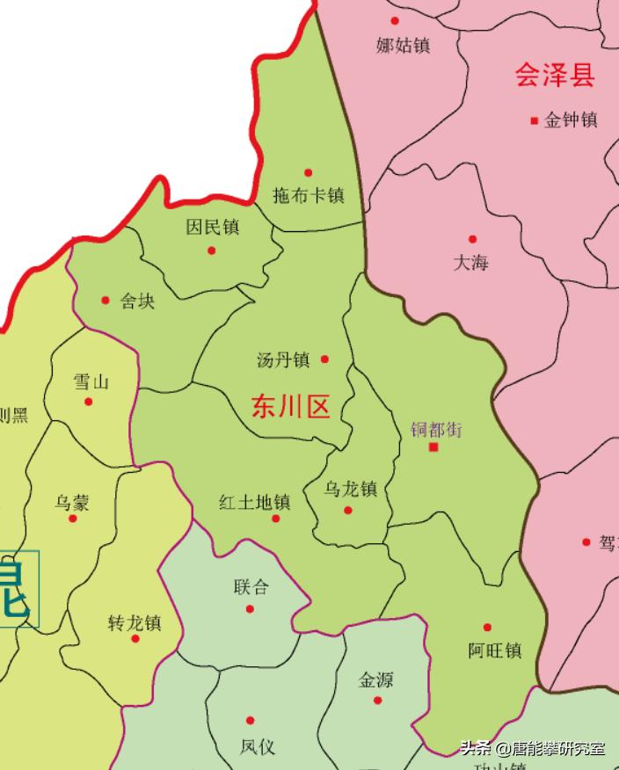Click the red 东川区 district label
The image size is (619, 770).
[290, 407]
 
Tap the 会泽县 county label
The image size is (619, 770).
[555, 76]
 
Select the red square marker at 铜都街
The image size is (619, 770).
[433, 447]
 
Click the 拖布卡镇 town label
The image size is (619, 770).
[308, 195]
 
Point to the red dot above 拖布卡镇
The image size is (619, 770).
[308, 172]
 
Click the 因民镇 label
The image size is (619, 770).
[213, 228]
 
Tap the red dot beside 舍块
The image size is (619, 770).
[106, 300]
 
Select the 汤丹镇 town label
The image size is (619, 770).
[283, 360]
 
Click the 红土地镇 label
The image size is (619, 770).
[255, 503]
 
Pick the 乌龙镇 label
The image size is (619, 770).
[350, 489]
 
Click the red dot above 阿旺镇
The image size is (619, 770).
[488, 628]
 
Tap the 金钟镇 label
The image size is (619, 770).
[571, 120]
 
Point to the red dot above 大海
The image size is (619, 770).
[472, 239]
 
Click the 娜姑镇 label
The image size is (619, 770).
[403, 45]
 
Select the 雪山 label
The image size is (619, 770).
[91, 381]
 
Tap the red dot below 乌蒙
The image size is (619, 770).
[73, 519]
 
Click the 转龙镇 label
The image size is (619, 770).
[135, 622]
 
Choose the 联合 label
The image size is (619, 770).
[251, 587]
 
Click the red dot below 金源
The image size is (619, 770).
[378, 701]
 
